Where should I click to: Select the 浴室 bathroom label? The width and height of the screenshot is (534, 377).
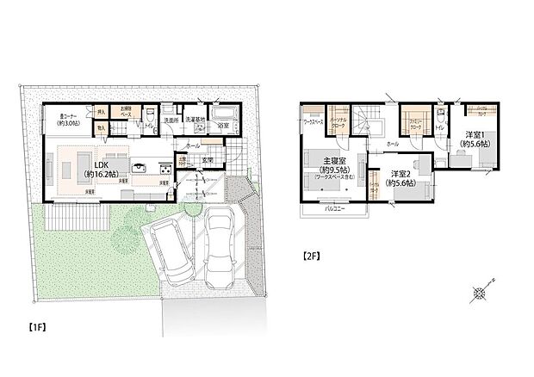point(223,126)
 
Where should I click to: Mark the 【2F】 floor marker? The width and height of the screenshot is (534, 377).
point(312,256)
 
